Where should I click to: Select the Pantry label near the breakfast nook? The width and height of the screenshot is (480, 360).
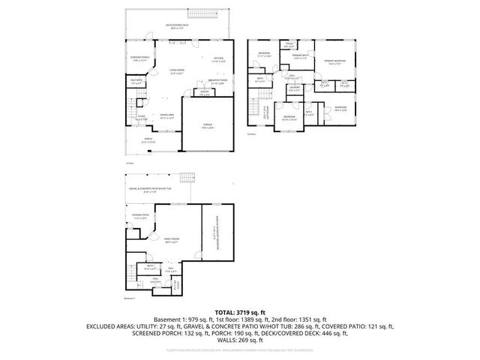click(x=203, y=94)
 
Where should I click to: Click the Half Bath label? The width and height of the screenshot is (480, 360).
click(x=136, y=82)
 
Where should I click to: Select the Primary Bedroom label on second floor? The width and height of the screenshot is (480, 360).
click(x=334, y=62)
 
